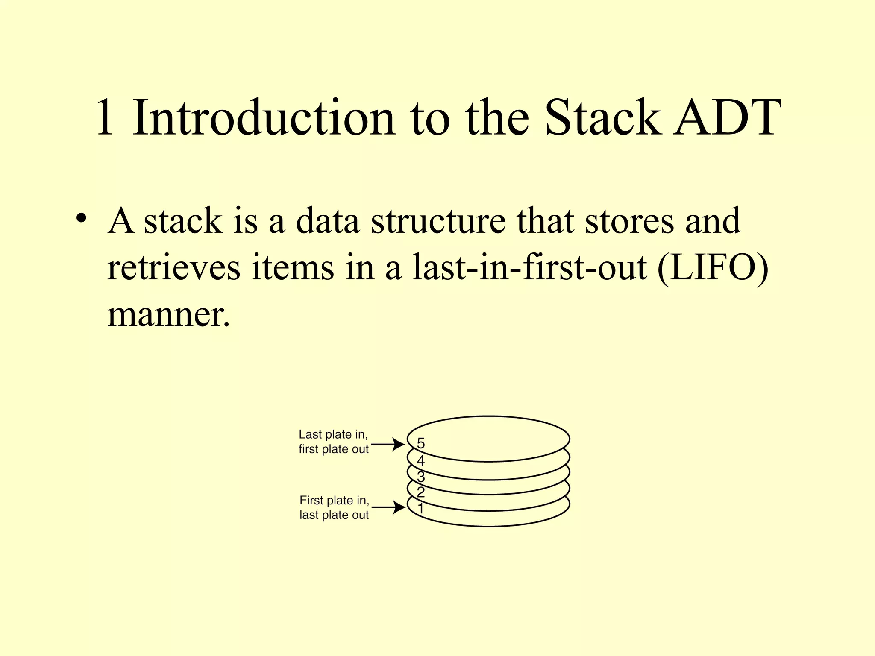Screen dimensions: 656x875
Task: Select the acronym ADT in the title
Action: coord(727,117)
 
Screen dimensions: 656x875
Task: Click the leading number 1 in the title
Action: coord(105,117)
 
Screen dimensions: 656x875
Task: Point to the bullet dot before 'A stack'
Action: coord(80,217)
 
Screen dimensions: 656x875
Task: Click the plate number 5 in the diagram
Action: coord(421,444)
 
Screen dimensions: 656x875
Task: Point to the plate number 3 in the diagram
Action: coord(421,477)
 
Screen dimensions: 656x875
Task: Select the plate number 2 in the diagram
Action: coord(421,492)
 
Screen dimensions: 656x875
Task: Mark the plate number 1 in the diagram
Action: coord(421,509)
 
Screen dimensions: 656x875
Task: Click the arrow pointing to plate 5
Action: coord(388,445)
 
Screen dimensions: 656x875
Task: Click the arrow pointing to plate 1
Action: coord(389,507)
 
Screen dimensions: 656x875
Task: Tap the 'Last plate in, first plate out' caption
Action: coord(333,442)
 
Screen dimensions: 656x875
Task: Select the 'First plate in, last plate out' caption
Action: coord(334,507)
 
